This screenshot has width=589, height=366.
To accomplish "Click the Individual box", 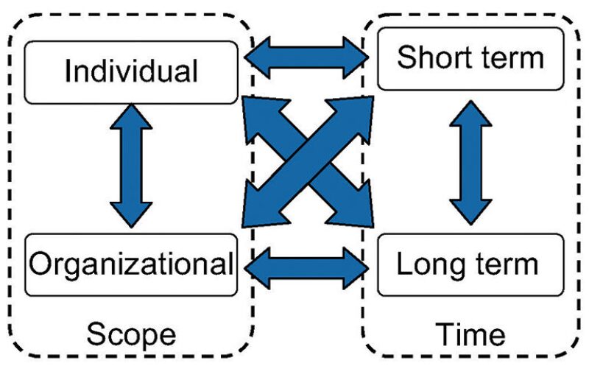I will [x=131, y=71].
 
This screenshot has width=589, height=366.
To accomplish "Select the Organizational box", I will [x=131, y=264].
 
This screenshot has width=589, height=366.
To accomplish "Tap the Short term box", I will [x=471, y=57].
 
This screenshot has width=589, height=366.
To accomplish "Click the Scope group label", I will [x=132, y=335].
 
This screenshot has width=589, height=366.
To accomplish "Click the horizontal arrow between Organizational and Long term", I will [x=306, y=264].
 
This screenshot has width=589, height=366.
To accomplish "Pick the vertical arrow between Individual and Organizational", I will [x=131, y=166].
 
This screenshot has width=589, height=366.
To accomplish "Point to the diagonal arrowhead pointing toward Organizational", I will [x=259, y=208].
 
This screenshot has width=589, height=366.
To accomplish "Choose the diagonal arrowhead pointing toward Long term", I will [x=356, y=208].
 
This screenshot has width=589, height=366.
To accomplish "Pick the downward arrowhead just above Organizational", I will [x=131, y=214].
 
